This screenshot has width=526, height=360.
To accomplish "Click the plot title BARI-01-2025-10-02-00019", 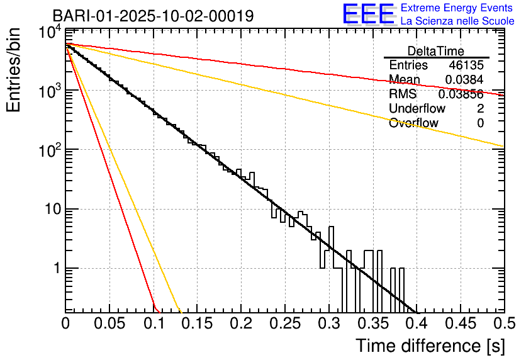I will [153, 16].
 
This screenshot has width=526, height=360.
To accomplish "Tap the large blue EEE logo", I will [368, 15].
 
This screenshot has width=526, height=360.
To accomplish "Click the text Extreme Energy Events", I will [456, 8].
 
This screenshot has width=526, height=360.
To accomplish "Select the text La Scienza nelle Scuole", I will [457, 21].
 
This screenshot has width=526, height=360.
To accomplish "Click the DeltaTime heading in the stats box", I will [436, 51].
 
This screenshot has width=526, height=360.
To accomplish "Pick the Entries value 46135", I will [466, 65].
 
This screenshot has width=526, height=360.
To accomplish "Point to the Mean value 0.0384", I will [464, 80].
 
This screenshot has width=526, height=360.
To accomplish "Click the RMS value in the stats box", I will [461, 94].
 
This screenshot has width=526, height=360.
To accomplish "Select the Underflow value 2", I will [480, 109].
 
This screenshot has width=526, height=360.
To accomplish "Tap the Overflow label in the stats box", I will [413, 123].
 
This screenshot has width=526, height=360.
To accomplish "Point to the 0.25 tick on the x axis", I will [285, 323].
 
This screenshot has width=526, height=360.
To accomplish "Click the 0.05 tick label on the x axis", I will [109, 323].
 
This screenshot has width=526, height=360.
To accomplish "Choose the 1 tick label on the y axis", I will [55, 269].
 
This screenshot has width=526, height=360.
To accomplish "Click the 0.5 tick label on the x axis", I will [504, 323].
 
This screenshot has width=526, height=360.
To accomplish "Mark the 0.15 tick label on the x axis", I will [198, 323].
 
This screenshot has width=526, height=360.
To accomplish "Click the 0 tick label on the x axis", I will [66, 323].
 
